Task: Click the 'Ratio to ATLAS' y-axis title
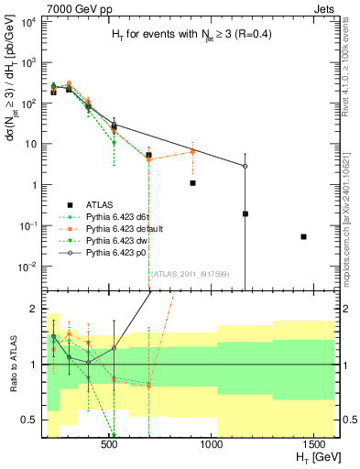[13, 365]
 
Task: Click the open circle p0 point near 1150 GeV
[245, 166]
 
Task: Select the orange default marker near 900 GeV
[192, 151]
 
